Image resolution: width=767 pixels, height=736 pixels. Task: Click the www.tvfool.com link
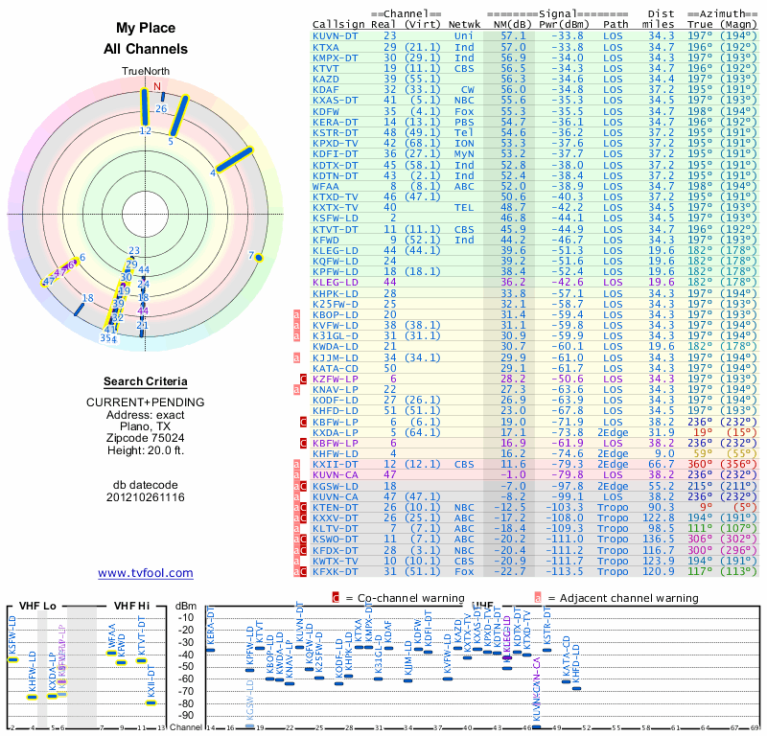(146, 573)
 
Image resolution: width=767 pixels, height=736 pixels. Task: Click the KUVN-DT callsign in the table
(337, 34)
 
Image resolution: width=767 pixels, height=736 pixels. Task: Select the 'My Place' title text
(146, 28)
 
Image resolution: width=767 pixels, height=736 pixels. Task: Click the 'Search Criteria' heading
(146, 380)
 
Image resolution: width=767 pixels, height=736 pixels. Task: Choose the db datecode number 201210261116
(146, 497)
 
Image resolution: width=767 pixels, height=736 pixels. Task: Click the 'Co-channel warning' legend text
(388, 597)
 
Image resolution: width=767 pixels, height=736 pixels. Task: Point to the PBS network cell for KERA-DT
(464, 122)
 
